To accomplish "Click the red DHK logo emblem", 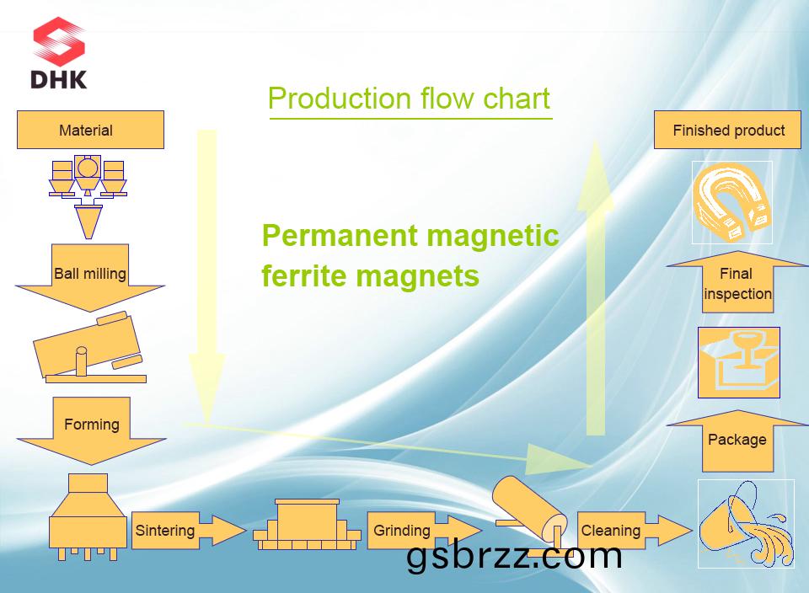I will coord(59,42).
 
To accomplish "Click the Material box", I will coord(90,130).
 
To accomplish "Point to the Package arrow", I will coord(737,440).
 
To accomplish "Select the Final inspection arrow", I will coord(737,283).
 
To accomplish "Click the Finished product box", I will coord(728,131).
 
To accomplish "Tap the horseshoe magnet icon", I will coord(731,203).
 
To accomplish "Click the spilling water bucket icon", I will coord(746,523).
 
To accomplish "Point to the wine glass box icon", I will coord(738,362).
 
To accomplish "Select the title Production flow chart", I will coord(409,99).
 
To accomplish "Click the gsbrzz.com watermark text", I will coord(514,556).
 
